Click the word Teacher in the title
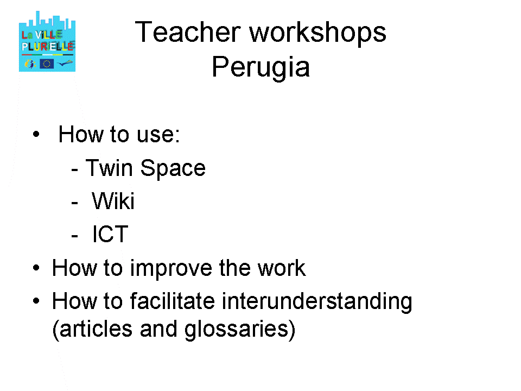(188, 32)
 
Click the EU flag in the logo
(47, 64)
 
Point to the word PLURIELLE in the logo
(48, 46)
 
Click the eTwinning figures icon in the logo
(30, 64)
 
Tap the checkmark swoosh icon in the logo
(65, 62)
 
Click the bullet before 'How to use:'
(36, 134)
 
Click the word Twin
(109, 168)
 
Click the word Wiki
(113, 201)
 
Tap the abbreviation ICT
(110, 234)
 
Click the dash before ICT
(75, 236)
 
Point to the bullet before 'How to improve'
(36, 268)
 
